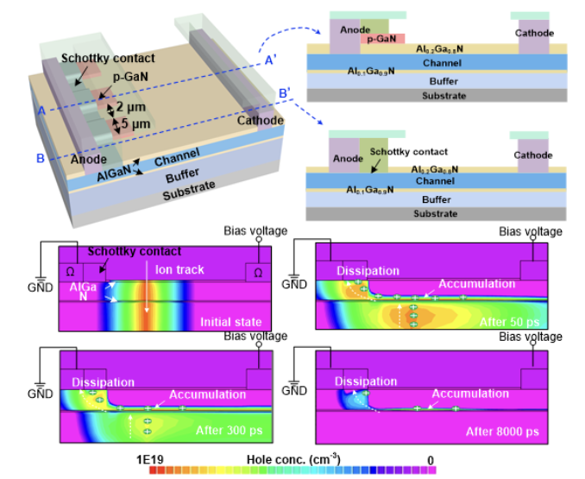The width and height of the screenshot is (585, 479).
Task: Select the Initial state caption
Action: coord(230,322)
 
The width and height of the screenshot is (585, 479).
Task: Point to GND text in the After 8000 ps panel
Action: coord(296,390)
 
